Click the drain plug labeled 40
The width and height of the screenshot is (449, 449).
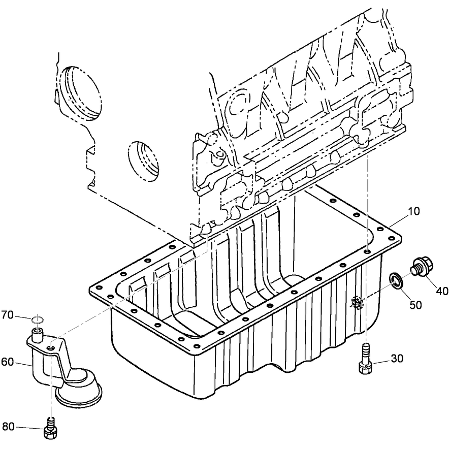point(419,268)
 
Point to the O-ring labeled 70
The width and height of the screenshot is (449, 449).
point(36,320)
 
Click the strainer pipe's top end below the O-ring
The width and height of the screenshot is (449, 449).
point(37,333)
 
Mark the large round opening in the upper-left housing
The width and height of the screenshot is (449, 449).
point(81,91)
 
